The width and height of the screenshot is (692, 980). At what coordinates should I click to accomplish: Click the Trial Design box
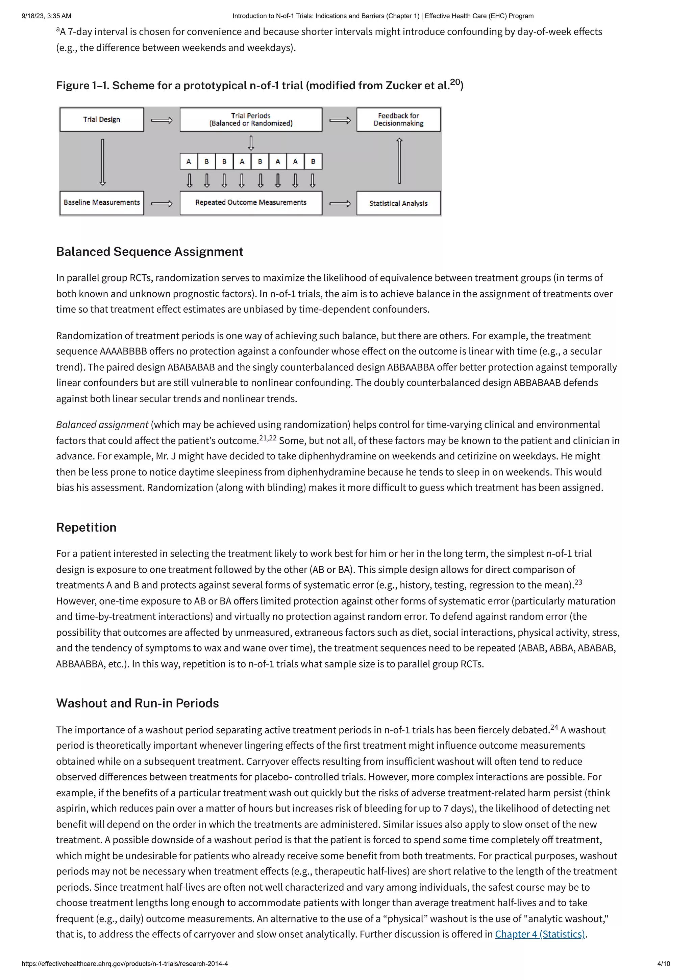[x=101, y=119]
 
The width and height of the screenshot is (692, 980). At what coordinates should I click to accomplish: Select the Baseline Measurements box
[x=101, y=203]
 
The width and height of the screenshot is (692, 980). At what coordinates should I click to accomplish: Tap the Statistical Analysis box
[x=398, y=204]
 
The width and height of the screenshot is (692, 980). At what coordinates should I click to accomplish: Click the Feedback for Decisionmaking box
[x=398, y=119]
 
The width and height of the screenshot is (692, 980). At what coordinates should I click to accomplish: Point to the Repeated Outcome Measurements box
[x=251, y=203]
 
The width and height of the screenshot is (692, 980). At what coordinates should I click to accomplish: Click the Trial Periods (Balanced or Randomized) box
[x=251, y=119]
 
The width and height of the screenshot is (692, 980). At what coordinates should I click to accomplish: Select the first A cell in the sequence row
[x=189, y=162]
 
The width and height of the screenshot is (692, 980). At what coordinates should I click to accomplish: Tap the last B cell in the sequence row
[x=313, y=162]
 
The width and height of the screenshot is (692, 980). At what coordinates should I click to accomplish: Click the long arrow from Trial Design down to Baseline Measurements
[x=102, y=162]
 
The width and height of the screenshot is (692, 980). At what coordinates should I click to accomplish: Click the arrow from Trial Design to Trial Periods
[x=162, y=120]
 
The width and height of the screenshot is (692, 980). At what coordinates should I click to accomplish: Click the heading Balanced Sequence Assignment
[x=150, y=252]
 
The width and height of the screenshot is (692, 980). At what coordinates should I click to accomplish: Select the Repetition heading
[x=86, y=528]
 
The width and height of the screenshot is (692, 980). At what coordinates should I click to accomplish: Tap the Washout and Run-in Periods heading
[x=137, y=703]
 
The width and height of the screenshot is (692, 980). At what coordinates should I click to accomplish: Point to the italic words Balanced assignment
[x=102, y=425]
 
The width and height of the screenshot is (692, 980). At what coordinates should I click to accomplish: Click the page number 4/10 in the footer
[x=663, y=964]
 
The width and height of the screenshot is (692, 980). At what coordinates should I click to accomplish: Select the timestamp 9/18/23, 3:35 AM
[x=47, y=16]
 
